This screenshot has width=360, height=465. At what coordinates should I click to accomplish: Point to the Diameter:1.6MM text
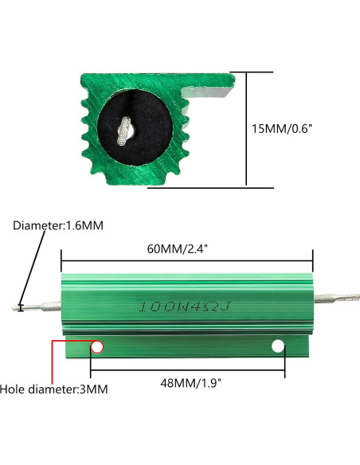point(57,225)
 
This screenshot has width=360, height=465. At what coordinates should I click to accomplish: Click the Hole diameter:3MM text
point(54,389)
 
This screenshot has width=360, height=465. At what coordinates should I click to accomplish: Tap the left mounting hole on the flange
point(97,347)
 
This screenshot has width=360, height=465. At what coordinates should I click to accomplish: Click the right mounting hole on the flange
point(278,347)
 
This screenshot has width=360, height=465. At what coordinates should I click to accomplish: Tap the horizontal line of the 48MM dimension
point(186,369)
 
